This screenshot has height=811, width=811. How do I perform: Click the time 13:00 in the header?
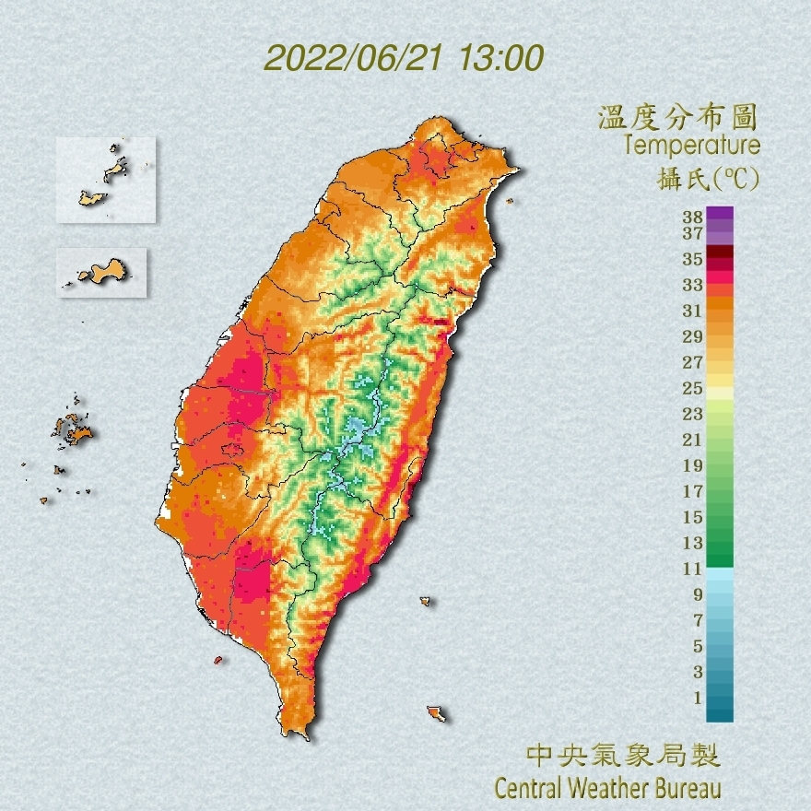[x=497, y=58]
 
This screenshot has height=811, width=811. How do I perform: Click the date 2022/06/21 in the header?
[x=354, y=58]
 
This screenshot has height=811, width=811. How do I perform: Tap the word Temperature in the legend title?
[x=691, y=146]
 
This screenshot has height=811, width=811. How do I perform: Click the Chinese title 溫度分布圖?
[x=677, y=117]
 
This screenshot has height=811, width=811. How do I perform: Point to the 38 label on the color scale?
[x=693, y=217]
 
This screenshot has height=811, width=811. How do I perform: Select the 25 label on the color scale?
[x=693, y=388]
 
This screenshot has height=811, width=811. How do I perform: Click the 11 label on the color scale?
[x=693, y=569]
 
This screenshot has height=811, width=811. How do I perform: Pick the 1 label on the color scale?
[x=697, y=698]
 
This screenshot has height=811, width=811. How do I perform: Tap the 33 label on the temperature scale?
[x=693, y=285]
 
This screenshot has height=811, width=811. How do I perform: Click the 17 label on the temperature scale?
[x=693, y=491]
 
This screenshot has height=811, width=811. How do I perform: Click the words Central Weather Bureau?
[x=607, y=789]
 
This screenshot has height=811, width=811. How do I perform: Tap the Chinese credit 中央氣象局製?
[x=623, y=757]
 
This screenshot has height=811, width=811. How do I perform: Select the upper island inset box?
[x=105, y=180]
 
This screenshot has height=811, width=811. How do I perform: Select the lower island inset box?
[x=101, y=272]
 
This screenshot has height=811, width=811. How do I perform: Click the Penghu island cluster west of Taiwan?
[x=72, y=429]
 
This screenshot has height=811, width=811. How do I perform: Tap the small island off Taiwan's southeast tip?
[x=436, y=713]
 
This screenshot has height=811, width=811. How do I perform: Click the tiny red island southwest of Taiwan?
[x=218, y=660]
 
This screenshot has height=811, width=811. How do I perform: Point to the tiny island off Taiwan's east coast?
[x=426, y=602]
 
